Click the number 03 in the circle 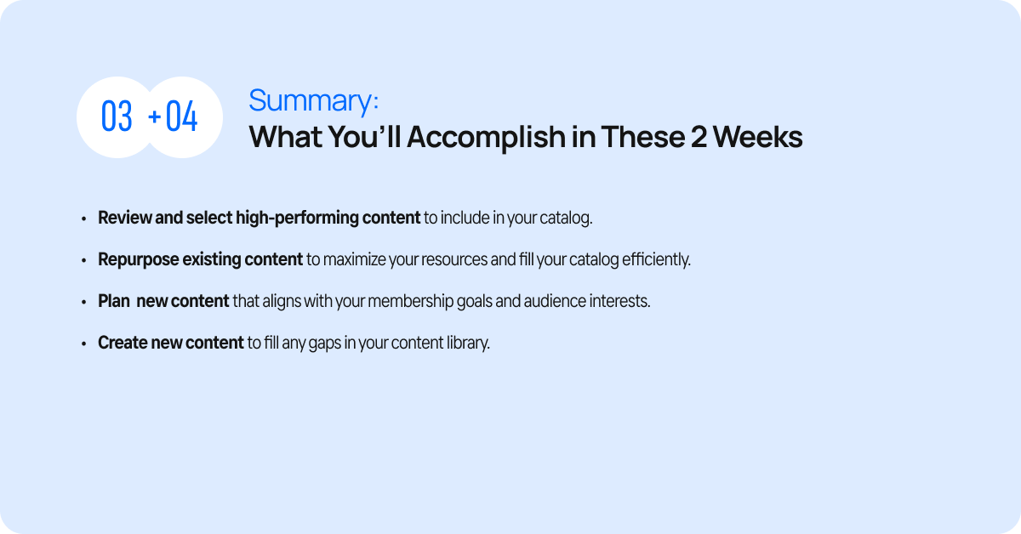pos(117,116)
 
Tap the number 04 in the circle pos(181,116)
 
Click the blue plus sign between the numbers pos(155,116)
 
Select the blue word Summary pos(311,100)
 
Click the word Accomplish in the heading pos(486,138)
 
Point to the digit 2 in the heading pos(699,137)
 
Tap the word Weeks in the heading pos(758,137)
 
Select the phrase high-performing pos(297,219)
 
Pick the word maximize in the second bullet pos(354,259)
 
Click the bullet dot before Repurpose pos(83,260)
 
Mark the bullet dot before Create pos(83,344)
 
